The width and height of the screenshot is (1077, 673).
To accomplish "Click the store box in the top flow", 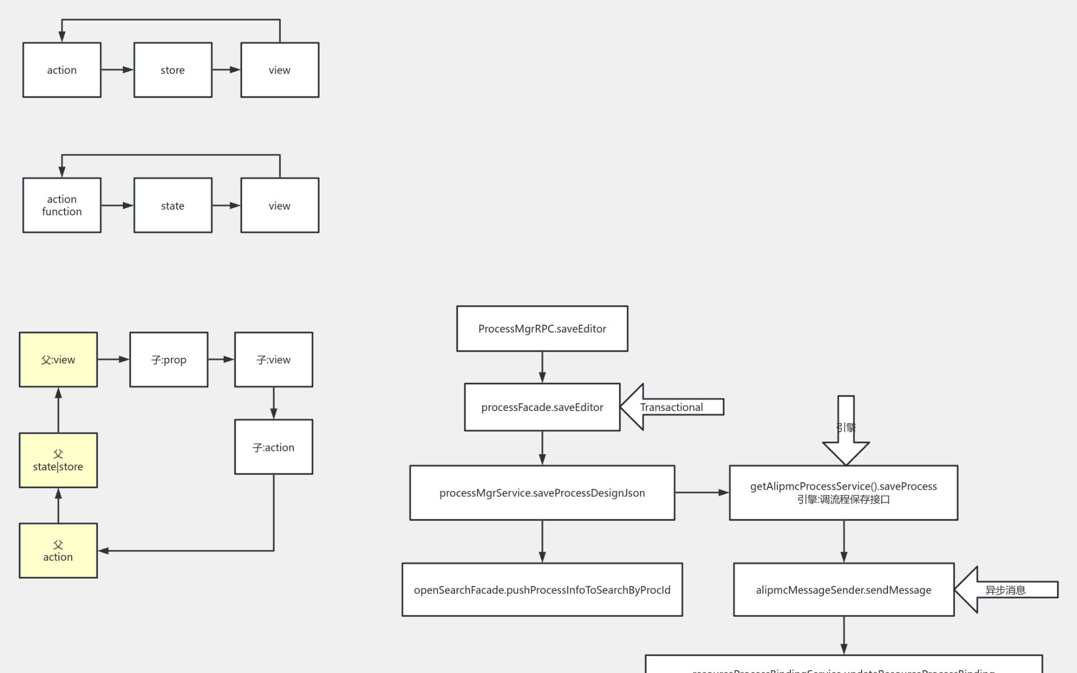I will [x=173, y=70].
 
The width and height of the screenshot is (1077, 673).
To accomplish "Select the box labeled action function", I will [x=62, y=205].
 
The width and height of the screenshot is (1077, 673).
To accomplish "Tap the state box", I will [x=173, y=205].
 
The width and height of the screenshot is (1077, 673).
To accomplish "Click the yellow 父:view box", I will [x=58, y=359].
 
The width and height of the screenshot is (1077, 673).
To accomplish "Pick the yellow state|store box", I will [x=58, y=460].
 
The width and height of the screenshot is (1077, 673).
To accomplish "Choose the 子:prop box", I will [x=169, y=359].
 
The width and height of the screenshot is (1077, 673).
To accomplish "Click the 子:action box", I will [x=274, y=447].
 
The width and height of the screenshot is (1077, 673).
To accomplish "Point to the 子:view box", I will [x=274, y=359].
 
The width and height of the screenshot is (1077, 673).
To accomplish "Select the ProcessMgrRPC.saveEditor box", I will [x=542, y=329].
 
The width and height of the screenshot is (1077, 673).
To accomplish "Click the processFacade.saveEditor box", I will [x=542, y=407].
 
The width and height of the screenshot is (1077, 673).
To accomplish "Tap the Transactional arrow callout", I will [x=671, y=407].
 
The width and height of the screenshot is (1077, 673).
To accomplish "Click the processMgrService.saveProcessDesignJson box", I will [x=542, y=493].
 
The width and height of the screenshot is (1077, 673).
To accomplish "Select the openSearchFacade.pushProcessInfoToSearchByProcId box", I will [x=542, y=589].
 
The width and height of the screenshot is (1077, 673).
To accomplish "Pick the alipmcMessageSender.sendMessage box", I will [x=844, y=589].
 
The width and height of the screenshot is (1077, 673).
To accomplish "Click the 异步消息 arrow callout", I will [x=1005, y=589].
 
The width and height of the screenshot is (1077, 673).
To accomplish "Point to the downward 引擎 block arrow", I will [x=846, y=429].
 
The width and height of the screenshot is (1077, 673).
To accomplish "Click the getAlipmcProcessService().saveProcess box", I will [x=844, y=493].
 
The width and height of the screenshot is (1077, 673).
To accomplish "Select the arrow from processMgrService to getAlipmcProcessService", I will [x=702, y=492].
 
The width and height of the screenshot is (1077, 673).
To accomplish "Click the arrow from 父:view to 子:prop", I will [x=113, y=359].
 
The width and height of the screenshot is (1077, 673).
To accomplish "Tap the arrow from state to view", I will [x=227, y=205].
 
